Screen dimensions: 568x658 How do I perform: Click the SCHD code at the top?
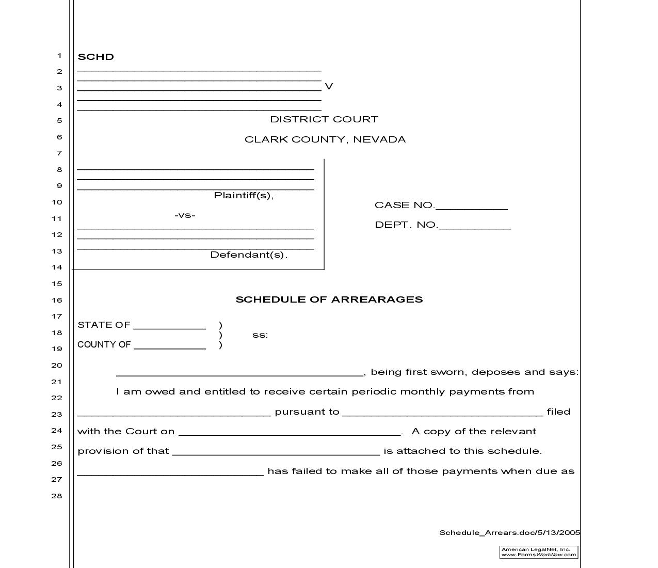[x=95, y=57]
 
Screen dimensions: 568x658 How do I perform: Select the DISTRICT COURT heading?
[x=324, y=119]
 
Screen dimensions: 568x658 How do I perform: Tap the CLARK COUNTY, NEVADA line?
[x=325, y=139]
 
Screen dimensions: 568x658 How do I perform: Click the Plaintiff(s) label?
[x=244, y=195]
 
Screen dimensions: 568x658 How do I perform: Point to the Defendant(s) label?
[x=248, y=255]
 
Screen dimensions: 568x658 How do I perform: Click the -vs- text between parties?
[x=185, y=215]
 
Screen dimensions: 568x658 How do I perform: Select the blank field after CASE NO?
[x=472, y=206]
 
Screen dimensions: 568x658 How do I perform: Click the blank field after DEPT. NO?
[x=474, y=225]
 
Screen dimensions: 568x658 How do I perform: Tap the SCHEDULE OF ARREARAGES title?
[x=329, y=299]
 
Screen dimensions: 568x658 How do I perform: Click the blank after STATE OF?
[x=170, y=325]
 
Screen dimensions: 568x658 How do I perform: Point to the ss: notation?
[x=260, y=335]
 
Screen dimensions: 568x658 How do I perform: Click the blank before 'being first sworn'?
[x=240, y=372]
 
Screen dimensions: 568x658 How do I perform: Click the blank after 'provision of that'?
[x=276, y=451]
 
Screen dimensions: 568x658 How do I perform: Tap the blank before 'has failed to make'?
[x=170, y=471]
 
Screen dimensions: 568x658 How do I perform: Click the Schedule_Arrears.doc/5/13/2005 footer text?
[x=509, y=533]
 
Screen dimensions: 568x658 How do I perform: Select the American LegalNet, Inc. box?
[x=539, y=552]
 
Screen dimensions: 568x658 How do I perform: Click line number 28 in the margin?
[x=56, y=496]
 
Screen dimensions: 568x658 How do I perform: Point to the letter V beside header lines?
[x=329, y=86]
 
